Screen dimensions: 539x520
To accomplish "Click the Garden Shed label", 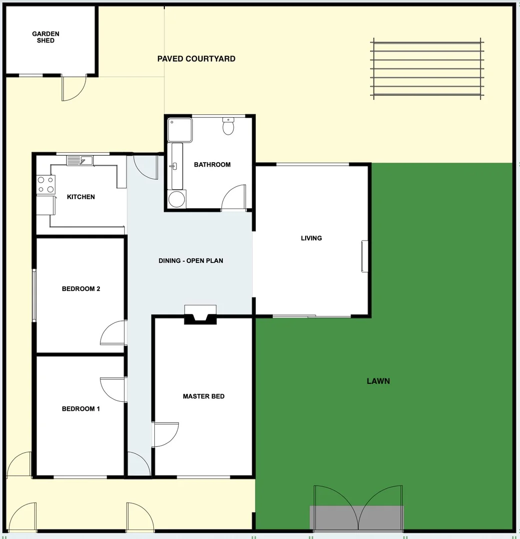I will (45, 37).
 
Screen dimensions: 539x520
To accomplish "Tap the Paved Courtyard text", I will (196, 59).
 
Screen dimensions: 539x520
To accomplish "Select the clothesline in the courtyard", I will (427, 69).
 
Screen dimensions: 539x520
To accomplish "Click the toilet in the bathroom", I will (228, 127).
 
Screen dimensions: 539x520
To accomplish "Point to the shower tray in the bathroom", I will (179, 130).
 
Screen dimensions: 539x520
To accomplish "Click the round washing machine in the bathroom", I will (176, 199).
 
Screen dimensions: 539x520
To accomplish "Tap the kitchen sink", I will (79, 160).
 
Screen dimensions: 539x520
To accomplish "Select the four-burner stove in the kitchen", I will (45, 185).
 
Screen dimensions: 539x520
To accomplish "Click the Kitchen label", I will (81, 197).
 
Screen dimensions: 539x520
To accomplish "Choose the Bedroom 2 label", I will (81, 289).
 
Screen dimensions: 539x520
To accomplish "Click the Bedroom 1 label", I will (81, 409).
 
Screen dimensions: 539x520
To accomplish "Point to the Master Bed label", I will (203, 396).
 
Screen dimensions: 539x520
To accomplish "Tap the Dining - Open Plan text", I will (191, 261).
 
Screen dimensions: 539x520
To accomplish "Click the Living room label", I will (311, 238).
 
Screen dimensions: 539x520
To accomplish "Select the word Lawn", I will (378, 381).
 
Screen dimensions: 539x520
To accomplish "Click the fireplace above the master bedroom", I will (200, 314).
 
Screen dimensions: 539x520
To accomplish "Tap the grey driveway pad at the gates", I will (357, 518).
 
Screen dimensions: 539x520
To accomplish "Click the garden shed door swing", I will (73, 88).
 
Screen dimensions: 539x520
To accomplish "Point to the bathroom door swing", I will (234, 198).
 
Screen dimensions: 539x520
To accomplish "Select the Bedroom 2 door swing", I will (113, 333).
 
